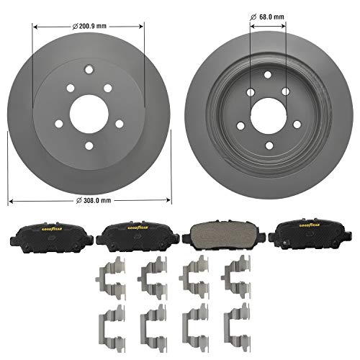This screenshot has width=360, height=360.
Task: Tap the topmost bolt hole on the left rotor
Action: point(87,71)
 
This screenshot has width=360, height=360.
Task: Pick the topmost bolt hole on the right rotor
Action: point(267,76)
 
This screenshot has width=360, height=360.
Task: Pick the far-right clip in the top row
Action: point(235,277)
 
